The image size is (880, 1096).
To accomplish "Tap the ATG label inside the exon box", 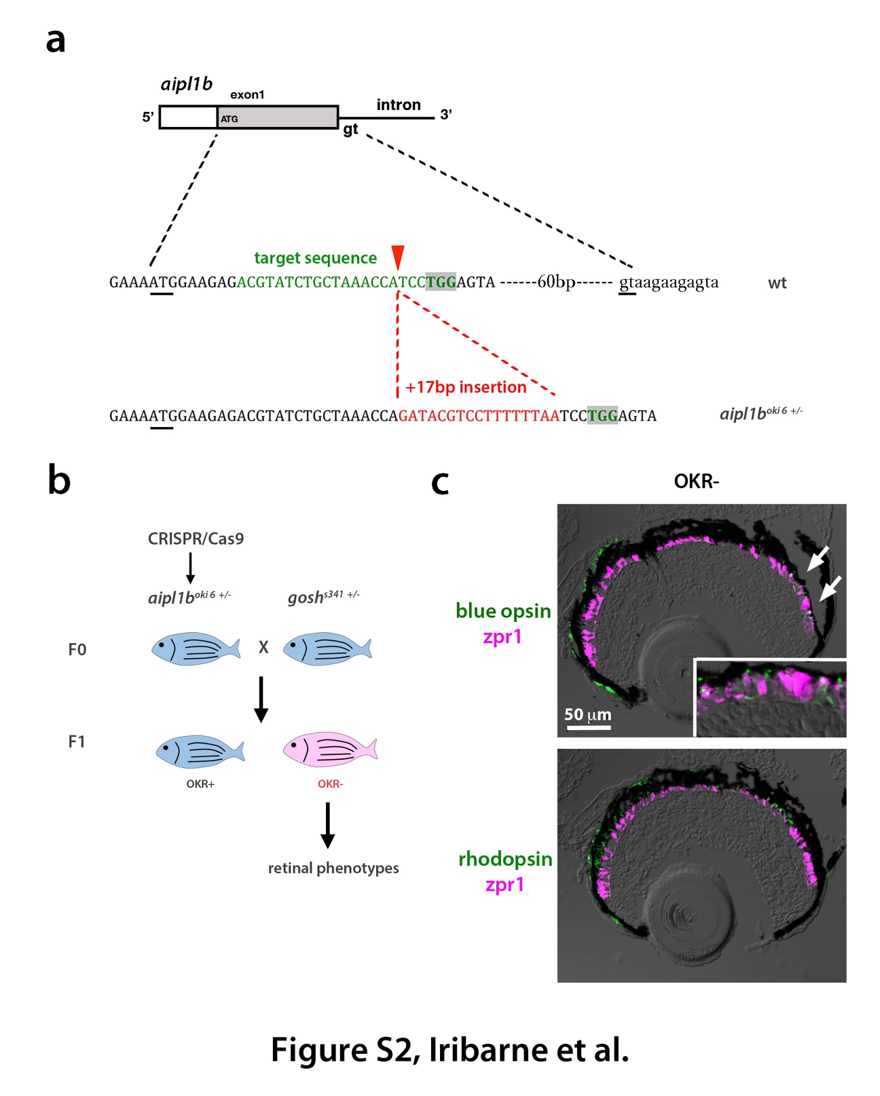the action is click(230, 120).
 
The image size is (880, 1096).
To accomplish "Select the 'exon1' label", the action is click(247, 95).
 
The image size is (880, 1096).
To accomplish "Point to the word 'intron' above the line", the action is click(398, 105).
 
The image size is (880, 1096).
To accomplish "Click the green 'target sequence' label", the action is click(315, 258).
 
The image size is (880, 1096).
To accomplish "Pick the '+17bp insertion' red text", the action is click(466, 387).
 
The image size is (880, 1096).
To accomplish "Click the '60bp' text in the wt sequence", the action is click(556, 282).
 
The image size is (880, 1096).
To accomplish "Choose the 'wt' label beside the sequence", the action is click(777, 282).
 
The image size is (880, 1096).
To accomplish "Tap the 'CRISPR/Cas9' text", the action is click(196, 538).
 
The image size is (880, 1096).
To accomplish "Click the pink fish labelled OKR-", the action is click(329, 749).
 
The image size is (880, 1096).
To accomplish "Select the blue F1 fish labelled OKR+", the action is click(200, 751).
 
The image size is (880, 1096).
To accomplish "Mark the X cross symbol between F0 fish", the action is click(263, 646).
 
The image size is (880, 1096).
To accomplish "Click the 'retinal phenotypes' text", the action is click(333, 868).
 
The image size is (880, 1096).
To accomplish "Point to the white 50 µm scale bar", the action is click(588, 727).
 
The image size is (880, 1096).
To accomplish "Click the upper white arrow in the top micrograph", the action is click(818, 558).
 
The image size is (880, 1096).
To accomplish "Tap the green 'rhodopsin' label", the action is click(505, 859).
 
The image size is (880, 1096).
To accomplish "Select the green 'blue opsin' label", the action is click(503, 610).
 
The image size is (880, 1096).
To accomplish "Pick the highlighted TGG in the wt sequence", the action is click(441, 282).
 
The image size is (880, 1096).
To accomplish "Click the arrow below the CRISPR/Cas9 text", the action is click(190, 568).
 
